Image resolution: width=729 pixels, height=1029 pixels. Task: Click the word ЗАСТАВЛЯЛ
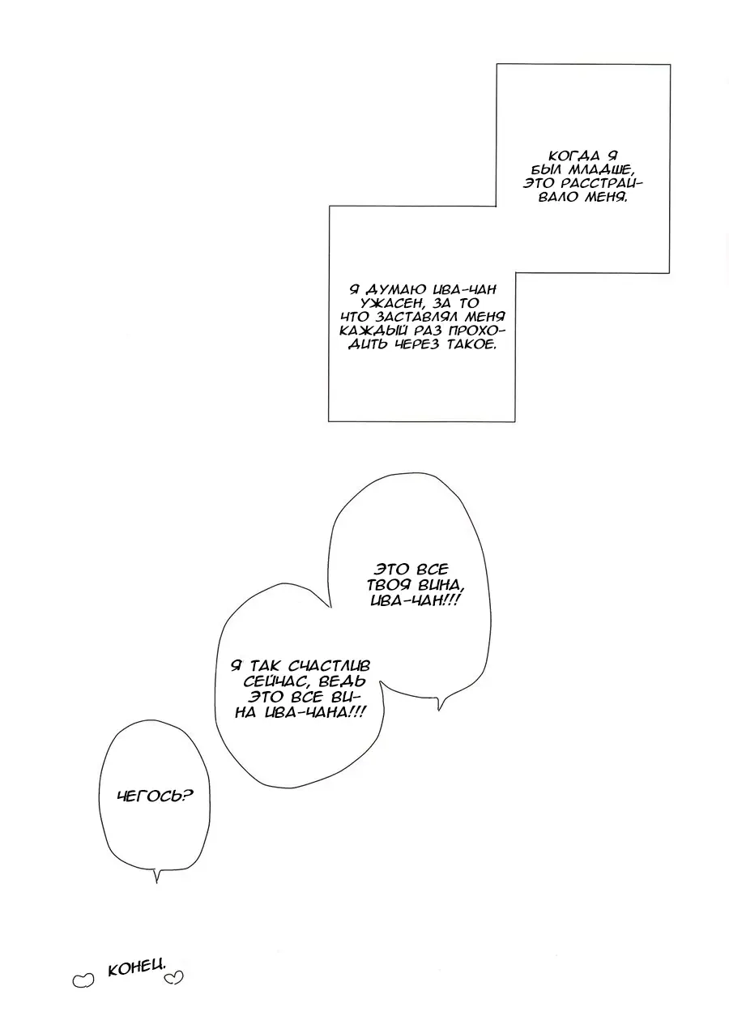pyautogui.click(x=416, y=317)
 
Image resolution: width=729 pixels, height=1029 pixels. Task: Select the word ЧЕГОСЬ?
pyautogui.click(x=156, y=795)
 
